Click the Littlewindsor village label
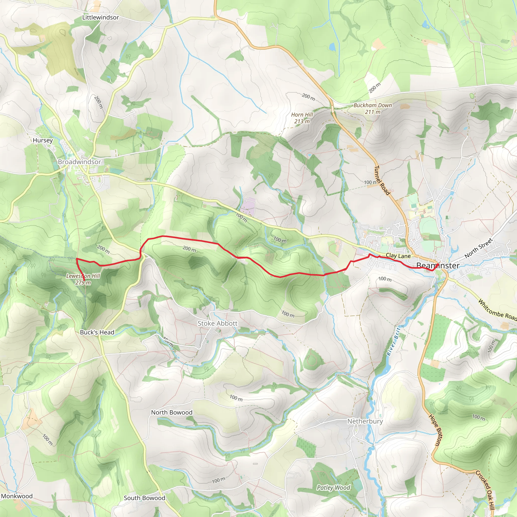tap(100, 17)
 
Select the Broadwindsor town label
tap(80, 162)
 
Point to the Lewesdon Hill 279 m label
tap(83, 279)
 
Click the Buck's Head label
tap(97, 332)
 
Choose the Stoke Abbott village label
tap(217, 323)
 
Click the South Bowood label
tap(144, 498)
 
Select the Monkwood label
tap(17, 496)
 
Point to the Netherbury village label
tap(365, 421)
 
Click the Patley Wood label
tap(333, 487)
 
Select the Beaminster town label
tap(438, 266)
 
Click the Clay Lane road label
tap(398, 256)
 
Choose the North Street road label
tap(478, 248)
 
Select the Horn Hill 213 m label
tap(302, 118)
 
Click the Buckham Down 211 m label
tap(373, 109)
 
